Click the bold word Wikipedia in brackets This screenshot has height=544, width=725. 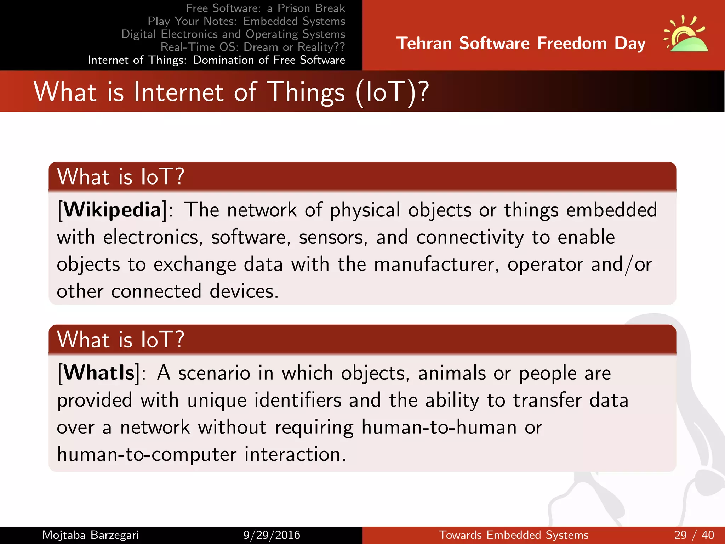[x=112, y=210]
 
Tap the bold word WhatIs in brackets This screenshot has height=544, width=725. [x=99, y=373]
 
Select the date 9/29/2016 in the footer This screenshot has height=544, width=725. [x=272, y=535]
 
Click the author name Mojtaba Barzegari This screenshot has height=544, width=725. [x=91, y=535]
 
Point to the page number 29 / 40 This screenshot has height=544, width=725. [x=694, y=535]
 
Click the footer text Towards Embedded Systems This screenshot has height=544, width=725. [x=514, y=535]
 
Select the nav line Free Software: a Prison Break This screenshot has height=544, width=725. [x=265, y=8]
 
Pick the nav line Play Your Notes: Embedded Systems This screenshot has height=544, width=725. [x=246, y=21]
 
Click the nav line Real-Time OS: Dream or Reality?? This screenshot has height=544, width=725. [x=253, y=47]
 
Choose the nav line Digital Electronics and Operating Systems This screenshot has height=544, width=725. [x=233, y=34]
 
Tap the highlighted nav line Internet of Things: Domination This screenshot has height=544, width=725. [x=216, y=60]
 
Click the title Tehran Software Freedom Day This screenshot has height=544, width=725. [x=521, y=44]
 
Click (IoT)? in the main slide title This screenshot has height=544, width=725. [x=392, y=92]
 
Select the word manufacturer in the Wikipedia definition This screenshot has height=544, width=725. [x=436, y=264]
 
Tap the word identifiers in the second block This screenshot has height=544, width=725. [x=298, y=400]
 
